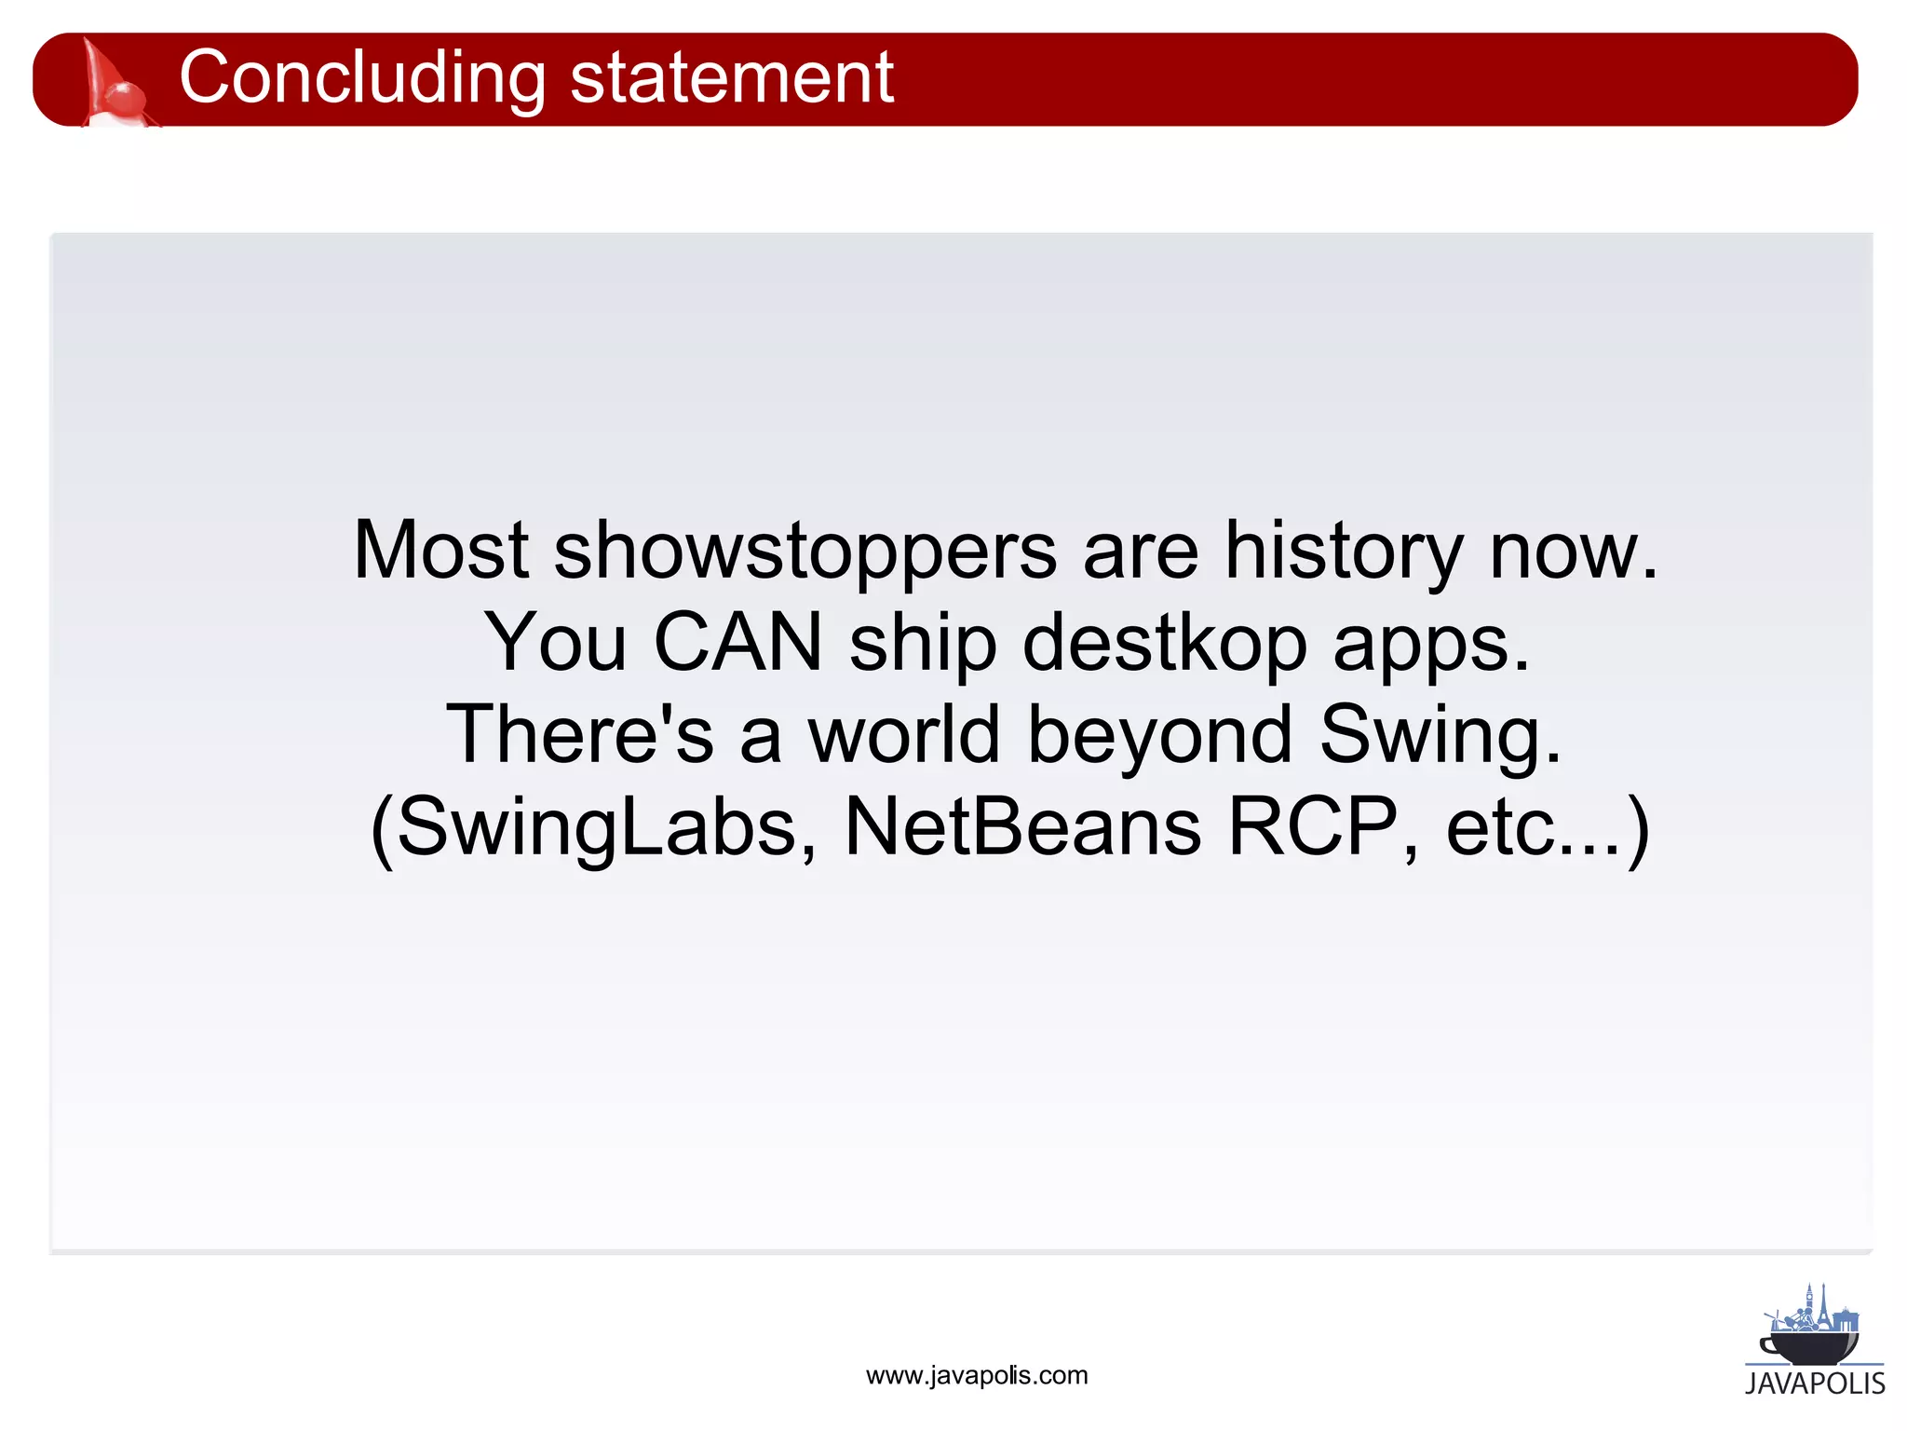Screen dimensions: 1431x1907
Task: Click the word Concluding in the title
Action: point(361,79)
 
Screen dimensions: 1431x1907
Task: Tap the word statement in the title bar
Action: point(731,79)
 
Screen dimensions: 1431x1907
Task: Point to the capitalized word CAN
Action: point(737,643)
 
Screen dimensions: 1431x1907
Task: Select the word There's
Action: point(579,735)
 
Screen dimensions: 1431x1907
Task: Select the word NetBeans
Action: point(1021,827)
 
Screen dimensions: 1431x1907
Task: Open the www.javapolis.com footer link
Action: point(976,1376)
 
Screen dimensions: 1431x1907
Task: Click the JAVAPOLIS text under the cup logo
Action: point(1814,1383)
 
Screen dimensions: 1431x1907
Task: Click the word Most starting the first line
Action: point(441,552)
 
